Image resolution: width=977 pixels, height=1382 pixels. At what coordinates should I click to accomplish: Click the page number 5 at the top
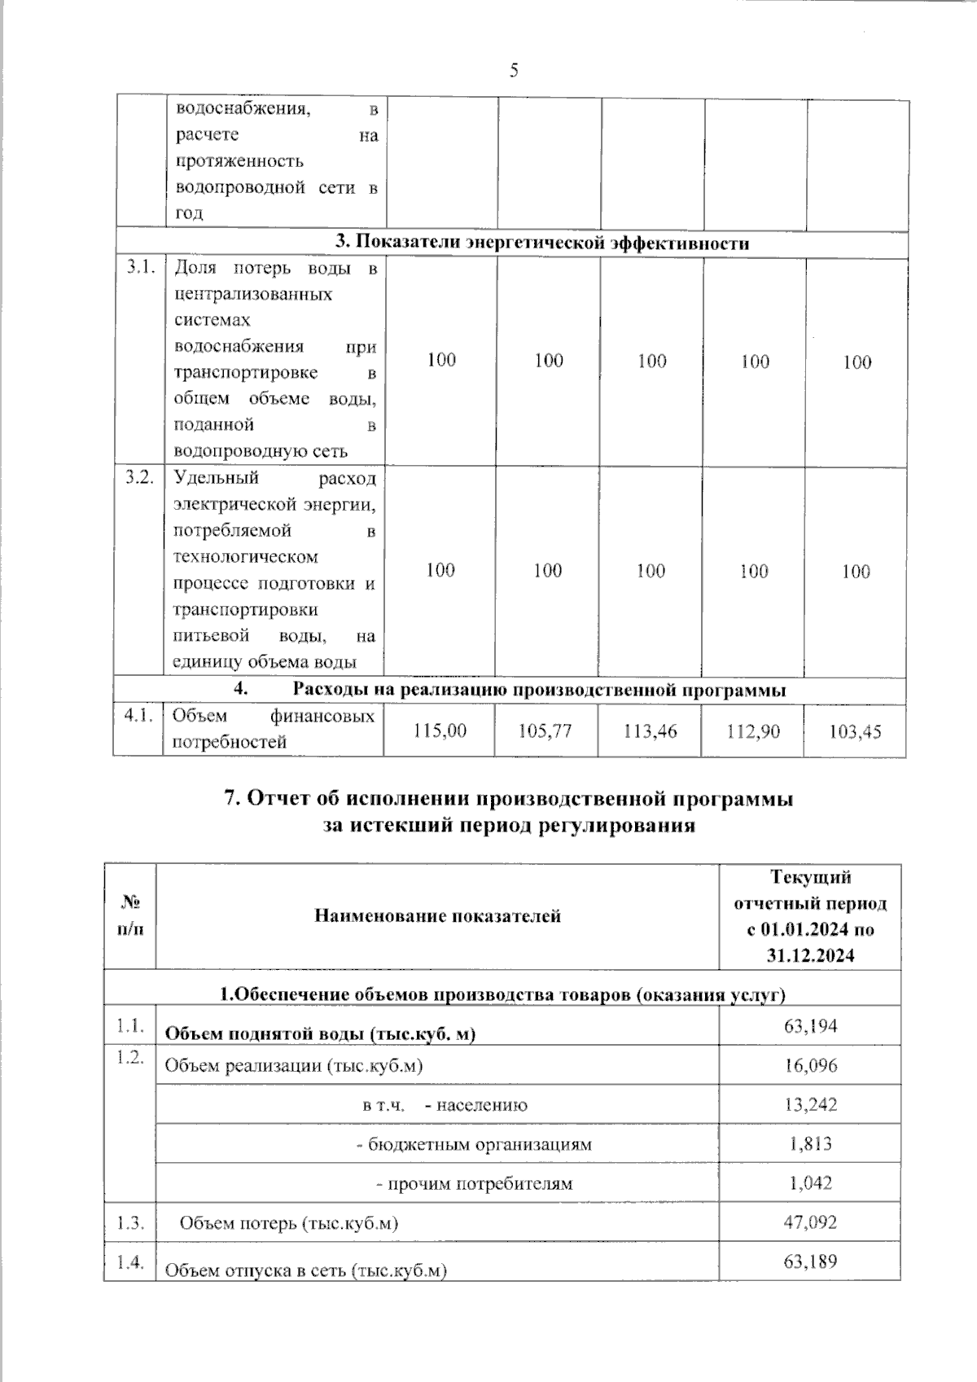514,71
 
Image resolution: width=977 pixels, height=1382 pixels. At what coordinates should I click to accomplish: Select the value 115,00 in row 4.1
440,730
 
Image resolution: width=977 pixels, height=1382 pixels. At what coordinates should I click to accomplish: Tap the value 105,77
545,730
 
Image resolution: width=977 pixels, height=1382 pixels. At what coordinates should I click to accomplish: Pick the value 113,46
650,730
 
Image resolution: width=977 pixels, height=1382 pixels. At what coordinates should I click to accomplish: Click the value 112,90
753,731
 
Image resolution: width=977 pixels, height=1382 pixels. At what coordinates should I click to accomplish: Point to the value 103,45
855,731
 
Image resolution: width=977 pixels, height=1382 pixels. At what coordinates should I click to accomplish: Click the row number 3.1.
140,268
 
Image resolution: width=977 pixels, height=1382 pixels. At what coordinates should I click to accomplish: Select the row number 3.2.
139,478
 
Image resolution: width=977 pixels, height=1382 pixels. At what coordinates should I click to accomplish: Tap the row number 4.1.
138,716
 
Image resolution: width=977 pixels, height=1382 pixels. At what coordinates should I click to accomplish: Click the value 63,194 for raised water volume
810,1025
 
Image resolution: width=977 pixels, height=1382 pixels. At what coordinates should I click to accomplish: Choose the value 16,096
810,1065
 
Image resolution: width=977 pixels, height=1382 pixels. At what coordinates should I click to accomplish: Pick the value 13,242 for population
810,1104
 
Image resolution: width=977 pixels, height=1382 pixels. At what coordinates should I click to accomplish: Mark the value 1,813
810,1143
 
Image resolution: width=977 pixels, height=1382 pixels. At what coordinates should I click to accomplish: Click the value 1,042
810,1182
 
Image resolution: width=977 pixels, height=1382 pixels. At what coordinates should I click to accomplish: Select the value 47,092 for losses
810,1222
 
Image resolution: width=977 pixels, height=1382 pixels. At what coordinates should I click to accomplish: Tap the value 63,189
810,1261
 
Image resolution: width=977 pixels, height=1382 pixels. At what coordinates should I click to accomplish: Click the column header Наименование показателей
437,916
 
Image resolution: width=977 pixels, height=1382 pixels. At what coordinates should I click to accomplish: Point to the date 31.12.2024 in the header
810,955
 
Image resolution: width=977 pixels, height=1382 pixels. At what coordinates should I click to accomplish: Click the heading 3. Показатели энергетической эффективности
542,243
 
